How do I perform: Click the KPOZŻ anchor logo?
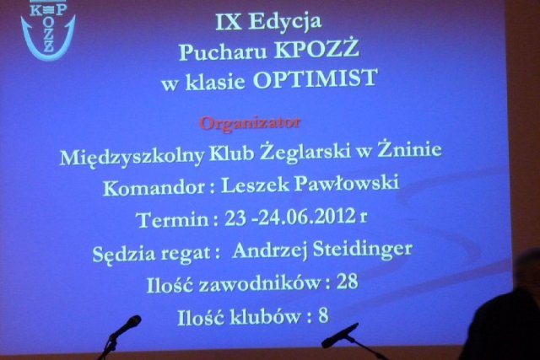click(47, 30)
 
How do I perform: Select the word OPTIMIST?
click(316, 78)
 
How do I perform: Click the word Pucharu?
click(223, 51)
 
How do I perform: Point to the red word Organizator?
click(251, 123)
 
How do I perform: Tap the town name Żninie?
click(409, 149)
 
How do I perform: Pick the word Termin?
click(172, 219)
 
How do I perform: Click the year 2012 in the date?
click(335, 216)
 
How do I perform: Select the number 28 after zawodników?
click(348, 282)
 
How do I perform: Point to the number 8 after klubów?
click(323, 315)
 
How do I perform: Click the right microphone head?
click(339, 336)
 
